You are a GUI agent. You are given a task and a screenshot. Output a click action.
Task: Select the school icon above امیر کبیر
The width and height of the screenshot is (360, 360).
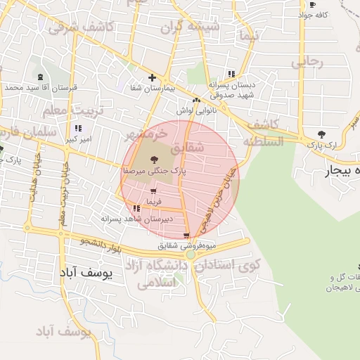(x=77, y=128)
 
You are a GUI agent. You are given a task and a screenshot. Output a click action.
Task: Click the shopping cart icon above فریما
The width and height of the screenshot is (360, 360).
(x=153, y=191)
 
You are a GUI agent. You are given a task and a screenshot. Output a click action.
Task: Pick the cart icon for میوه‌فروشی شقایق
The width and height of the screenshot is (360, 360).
(x=186, y=236)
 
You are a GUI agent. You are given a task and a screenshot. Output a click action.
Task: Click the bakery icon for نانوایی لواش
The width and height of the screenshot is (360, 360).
(x=196, y=101)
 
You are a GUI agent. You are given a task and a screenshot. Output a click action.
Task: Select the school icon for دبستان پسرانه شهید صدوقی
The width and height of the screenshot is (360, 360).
(x=231, y=74)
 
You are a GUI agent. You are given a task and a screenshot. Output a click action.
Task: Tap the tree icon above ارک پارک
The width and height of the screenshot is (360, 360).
(x=321, y=134)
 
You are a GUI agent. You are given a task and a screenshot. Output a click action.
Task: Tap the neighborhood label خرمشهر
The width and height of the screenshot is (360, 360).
(x=146, y=133)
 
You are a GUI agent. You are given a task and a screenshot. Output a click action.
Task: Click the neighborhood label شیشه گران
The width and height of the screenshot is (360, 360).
(x=190, y=28)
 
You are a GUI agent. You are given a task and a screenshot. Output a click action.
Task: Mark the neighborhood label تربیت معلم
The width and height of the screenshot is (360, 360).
(x=72, y=111)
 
